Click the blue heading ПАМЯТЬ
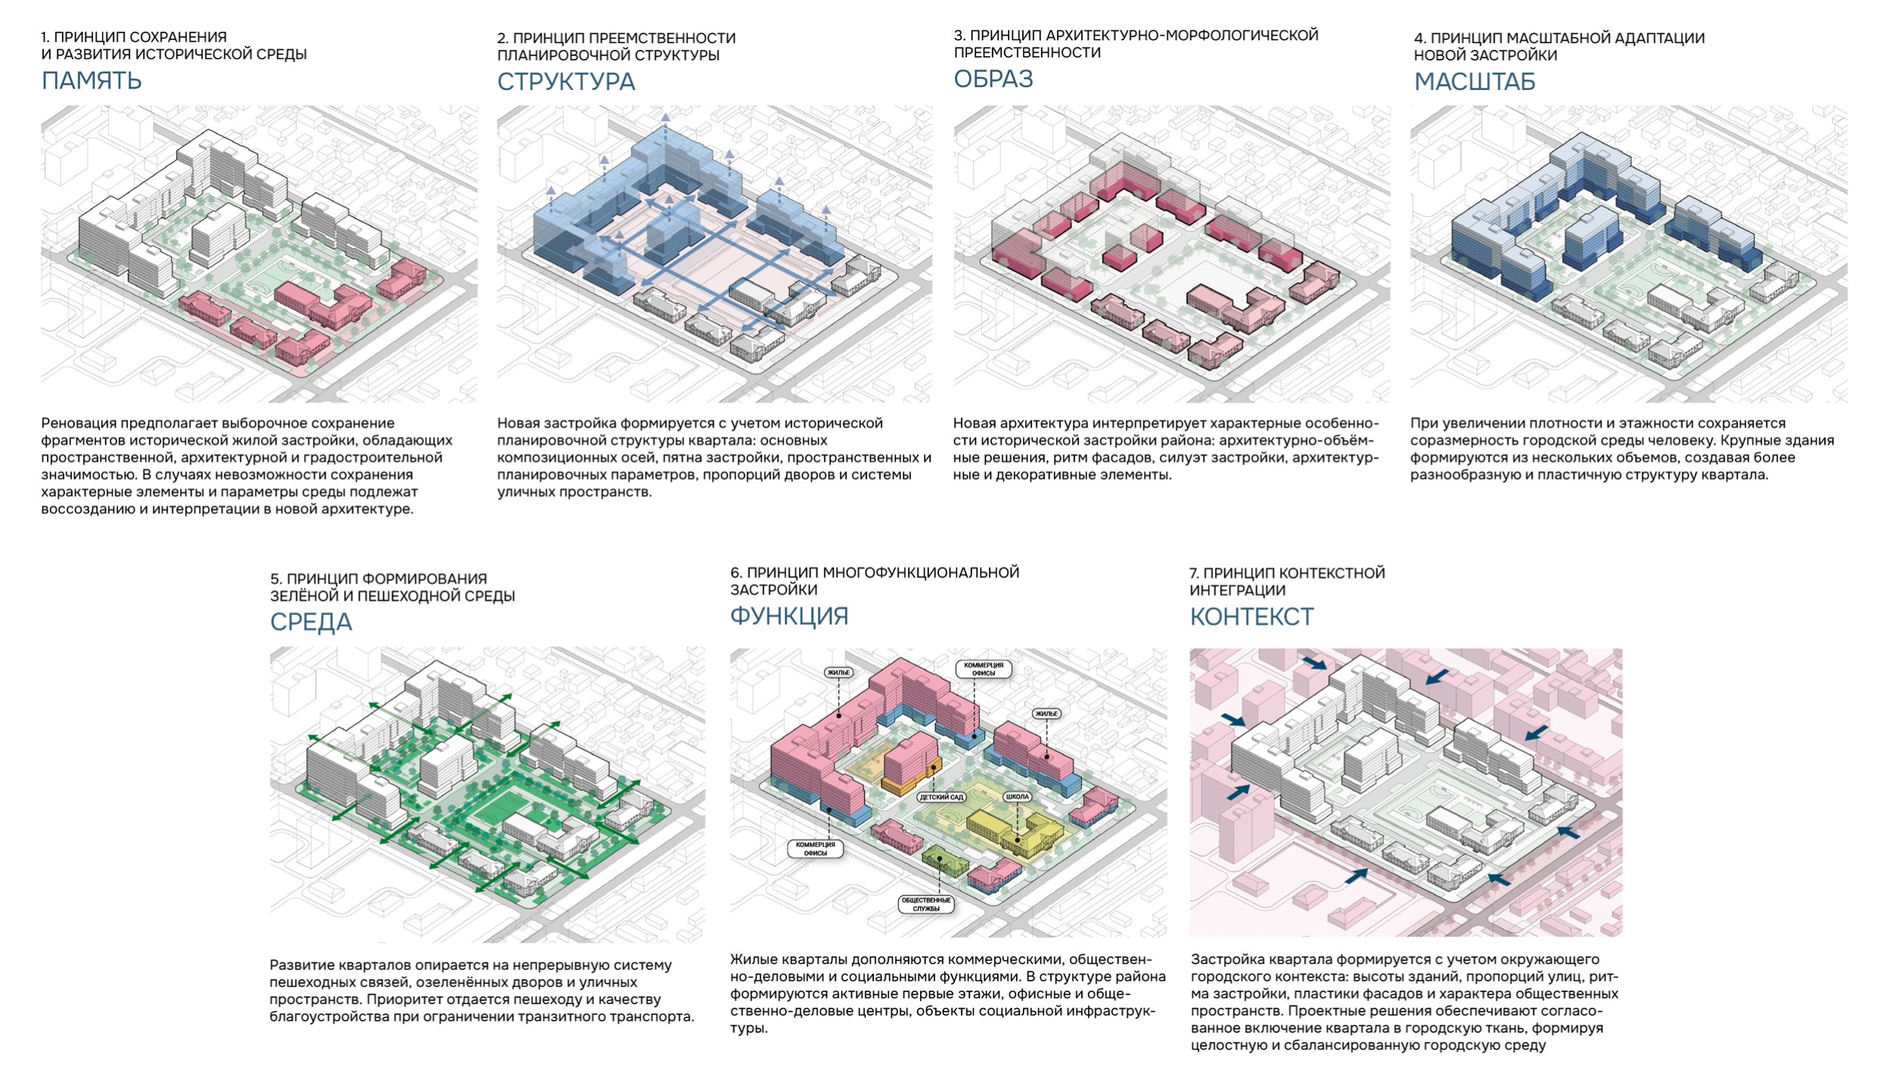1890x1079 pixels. (x=91, y=80)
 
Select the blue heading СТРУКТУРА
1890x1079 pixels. (x=566, y=82)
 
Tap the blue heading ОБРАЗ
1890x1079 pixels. (x=993, y=79)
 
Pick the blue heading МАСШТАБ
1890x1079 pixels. (x=1475, y=82)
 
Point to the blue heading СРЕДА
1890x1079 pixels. (x=311, y=622)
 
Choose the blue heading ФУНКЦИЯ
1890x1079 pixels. (x=789, y=617)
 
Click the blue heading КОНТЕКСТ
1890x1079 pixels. (x=1252, y=617)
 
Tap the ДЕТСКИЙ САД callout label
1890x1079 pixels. (x=941, y=797)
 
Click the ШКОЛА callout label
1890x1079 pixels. (x=1018, y=796)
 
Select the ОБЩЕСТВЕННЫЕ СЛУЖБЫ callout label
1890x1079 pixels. (x=926, y=904)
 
